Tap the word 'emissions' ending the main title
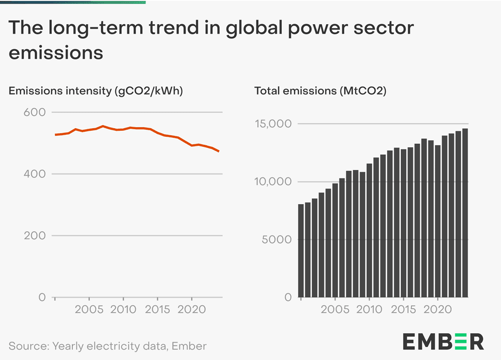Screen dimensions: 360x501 point(56,52)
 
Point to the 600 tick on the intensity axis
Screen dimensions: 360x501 point(35,112)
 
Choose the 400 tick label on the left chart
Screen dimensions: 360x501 point(35,174)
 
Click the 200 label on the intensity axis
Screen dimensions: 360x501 point(35,235)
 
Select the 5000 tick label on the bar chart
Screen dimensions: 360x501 point(277,239)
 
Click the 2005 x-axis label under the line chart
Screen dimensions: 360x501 point(89,309)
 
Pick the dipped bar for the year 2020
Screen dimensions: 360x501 point(438,221)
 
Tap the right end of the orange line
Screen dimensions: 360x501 point(219,151)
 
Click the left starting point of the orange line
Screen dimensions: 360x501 point(55,135)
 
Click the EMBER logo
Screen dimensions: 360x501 point(443,341)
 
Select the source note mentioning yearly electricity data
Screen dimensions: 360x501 point(108,346)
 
